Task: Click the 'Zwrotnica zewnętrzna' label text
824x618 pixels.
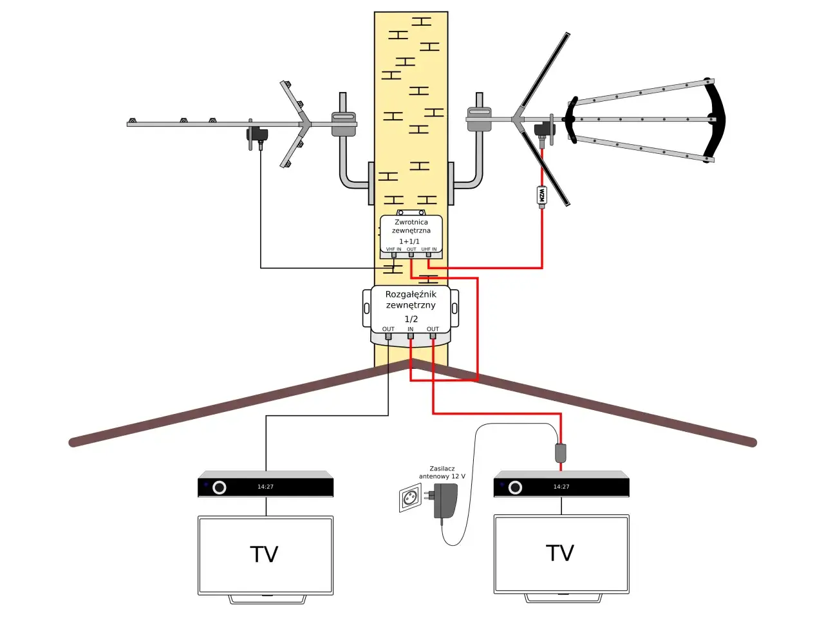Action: coord(411,226)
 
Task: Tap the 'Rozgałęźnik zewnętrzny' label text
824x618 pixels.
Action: coord(411,299)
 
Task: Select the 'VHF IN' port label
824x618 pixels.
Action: coord(393,249)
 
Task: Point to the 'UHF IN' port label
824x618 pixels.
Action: coord(429,249)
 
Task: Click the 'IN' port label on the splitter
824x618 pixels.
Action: coord(410,329)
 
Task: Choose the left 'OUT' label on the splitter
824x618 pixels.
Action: coord(388,329)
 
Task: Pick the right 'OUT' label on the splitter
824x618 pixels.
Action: coord(433,329)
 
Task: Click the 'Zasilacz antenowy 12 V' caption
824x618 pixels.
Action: coord(442,473)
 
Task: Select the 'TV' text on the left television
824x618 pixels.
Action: coord(264,554)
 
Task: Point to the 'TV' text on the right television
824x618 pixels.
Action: coord(560,553)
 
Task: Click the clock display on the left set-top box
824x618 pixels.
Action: coord(265,487)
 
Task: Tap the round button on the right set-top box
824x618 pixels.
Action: coord(515,487)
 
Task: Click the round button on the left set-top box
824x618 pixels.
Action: coord(220,487)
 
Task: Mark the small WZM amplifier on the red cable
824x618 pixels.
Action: coord(541,196)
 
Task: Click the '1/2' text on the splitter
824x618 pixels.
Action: coord(411,319)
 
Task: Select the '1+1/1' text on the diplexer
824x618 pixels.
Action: coord(409,241)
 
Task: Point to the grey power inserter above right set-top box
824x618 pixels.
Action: coord(561,453)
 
